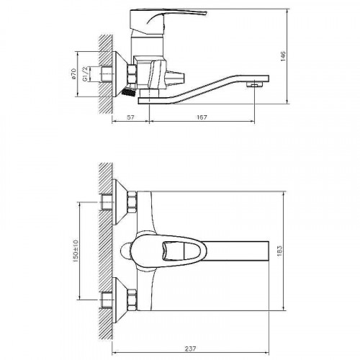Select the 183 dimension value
pyautogui.click(x=292, y=251)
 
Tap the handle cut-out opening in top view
pyautogui.click(x=181, y=252)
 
